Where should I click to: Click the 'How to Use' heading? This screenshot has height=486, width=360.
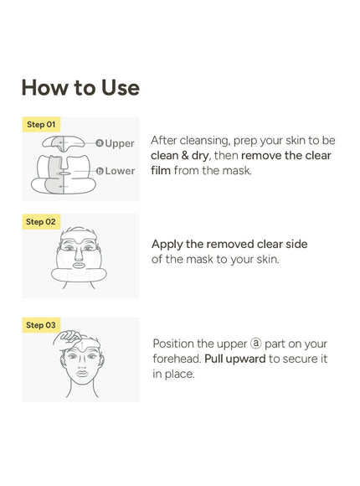tap(80, 87)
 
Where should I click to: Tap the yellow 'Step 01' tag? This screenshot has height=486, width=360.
tap(41, 124)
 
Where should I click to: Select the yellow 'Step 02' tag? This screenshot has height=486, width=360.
tap(41, 221)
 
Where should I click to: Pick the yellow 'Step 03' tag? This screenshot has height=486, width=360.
tap(41, 325)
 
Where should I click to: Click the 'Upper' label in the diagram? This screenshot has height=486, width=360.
tap(120, 143)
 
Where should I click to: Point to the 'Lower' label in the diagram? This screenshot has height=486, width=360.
tap(120, 171)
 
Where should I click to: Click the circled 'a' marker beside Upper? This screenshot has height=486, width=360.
tap(100, 143)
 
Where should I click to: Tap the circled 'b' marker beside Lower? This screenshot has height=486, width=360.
tap(100, 171)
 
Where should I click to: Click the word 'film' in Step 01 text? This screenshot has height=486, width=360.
tap(161, 170)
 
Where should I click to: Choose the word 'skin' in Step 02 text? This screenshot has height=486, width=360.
tap(268, 259)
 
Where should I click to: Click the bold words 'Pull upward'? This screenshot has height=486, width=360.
tap(235, 359)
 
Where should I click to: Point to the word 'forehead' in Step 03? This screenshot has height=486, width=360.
tap(177, 359)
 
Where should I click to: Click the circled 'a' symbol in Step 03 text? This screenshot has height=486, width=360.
tap(256, 344)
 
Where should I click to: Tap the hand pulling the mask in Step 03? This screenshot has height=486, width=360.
tap(69, 337)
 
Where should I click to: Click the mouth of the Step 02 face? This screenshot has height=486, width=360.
tap(79, 266)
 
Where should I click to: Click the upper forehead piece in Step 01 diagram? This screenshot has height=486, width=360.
tap(63, 143)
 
